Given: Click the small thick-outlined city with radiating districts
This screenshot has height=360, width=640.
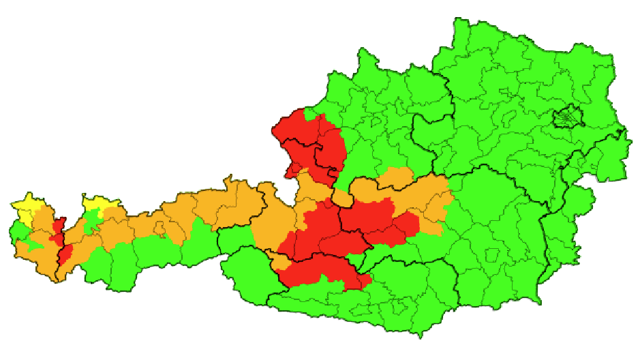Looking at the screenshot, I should (567, 118).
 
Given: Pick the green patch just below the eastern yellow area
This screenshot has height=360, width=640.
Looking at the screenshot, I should (90, 220).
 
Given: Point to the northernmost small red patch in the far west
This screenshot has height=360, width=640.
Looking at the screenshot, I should (59, 224).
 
